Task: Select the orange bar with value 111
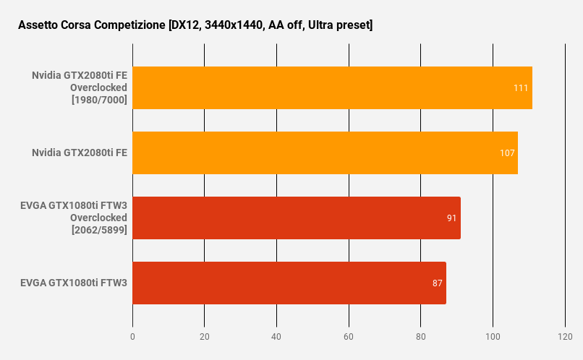point(332,87)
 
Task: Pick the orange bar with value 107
point(325,153)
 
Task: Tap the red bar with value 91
point(297,218)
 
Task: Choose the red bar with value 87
point(289,283)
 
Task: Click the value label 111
point(521,87)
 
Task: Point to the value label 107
point(507,153)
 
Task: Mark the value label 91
point(451,218)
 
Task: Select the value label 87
point(437,283)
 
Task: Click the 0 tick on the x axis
point(132,337)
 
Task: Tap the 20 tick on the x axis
point(205,337)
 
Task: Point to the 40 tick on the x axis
point(276,337)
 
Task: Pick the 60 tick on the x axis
point(349,337)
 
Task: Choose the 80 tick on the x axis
point(420,337)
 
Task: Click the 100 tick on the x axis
point(493,337)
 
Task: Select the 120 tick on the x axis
point(565,337)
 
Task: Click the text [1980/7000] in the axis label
point(99,100)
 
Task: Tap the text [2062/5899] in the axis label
point(99,230)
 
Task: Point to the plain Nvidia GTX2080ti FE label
point(80,153)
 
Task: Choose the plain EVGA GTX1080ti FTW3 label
point(74,283)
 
